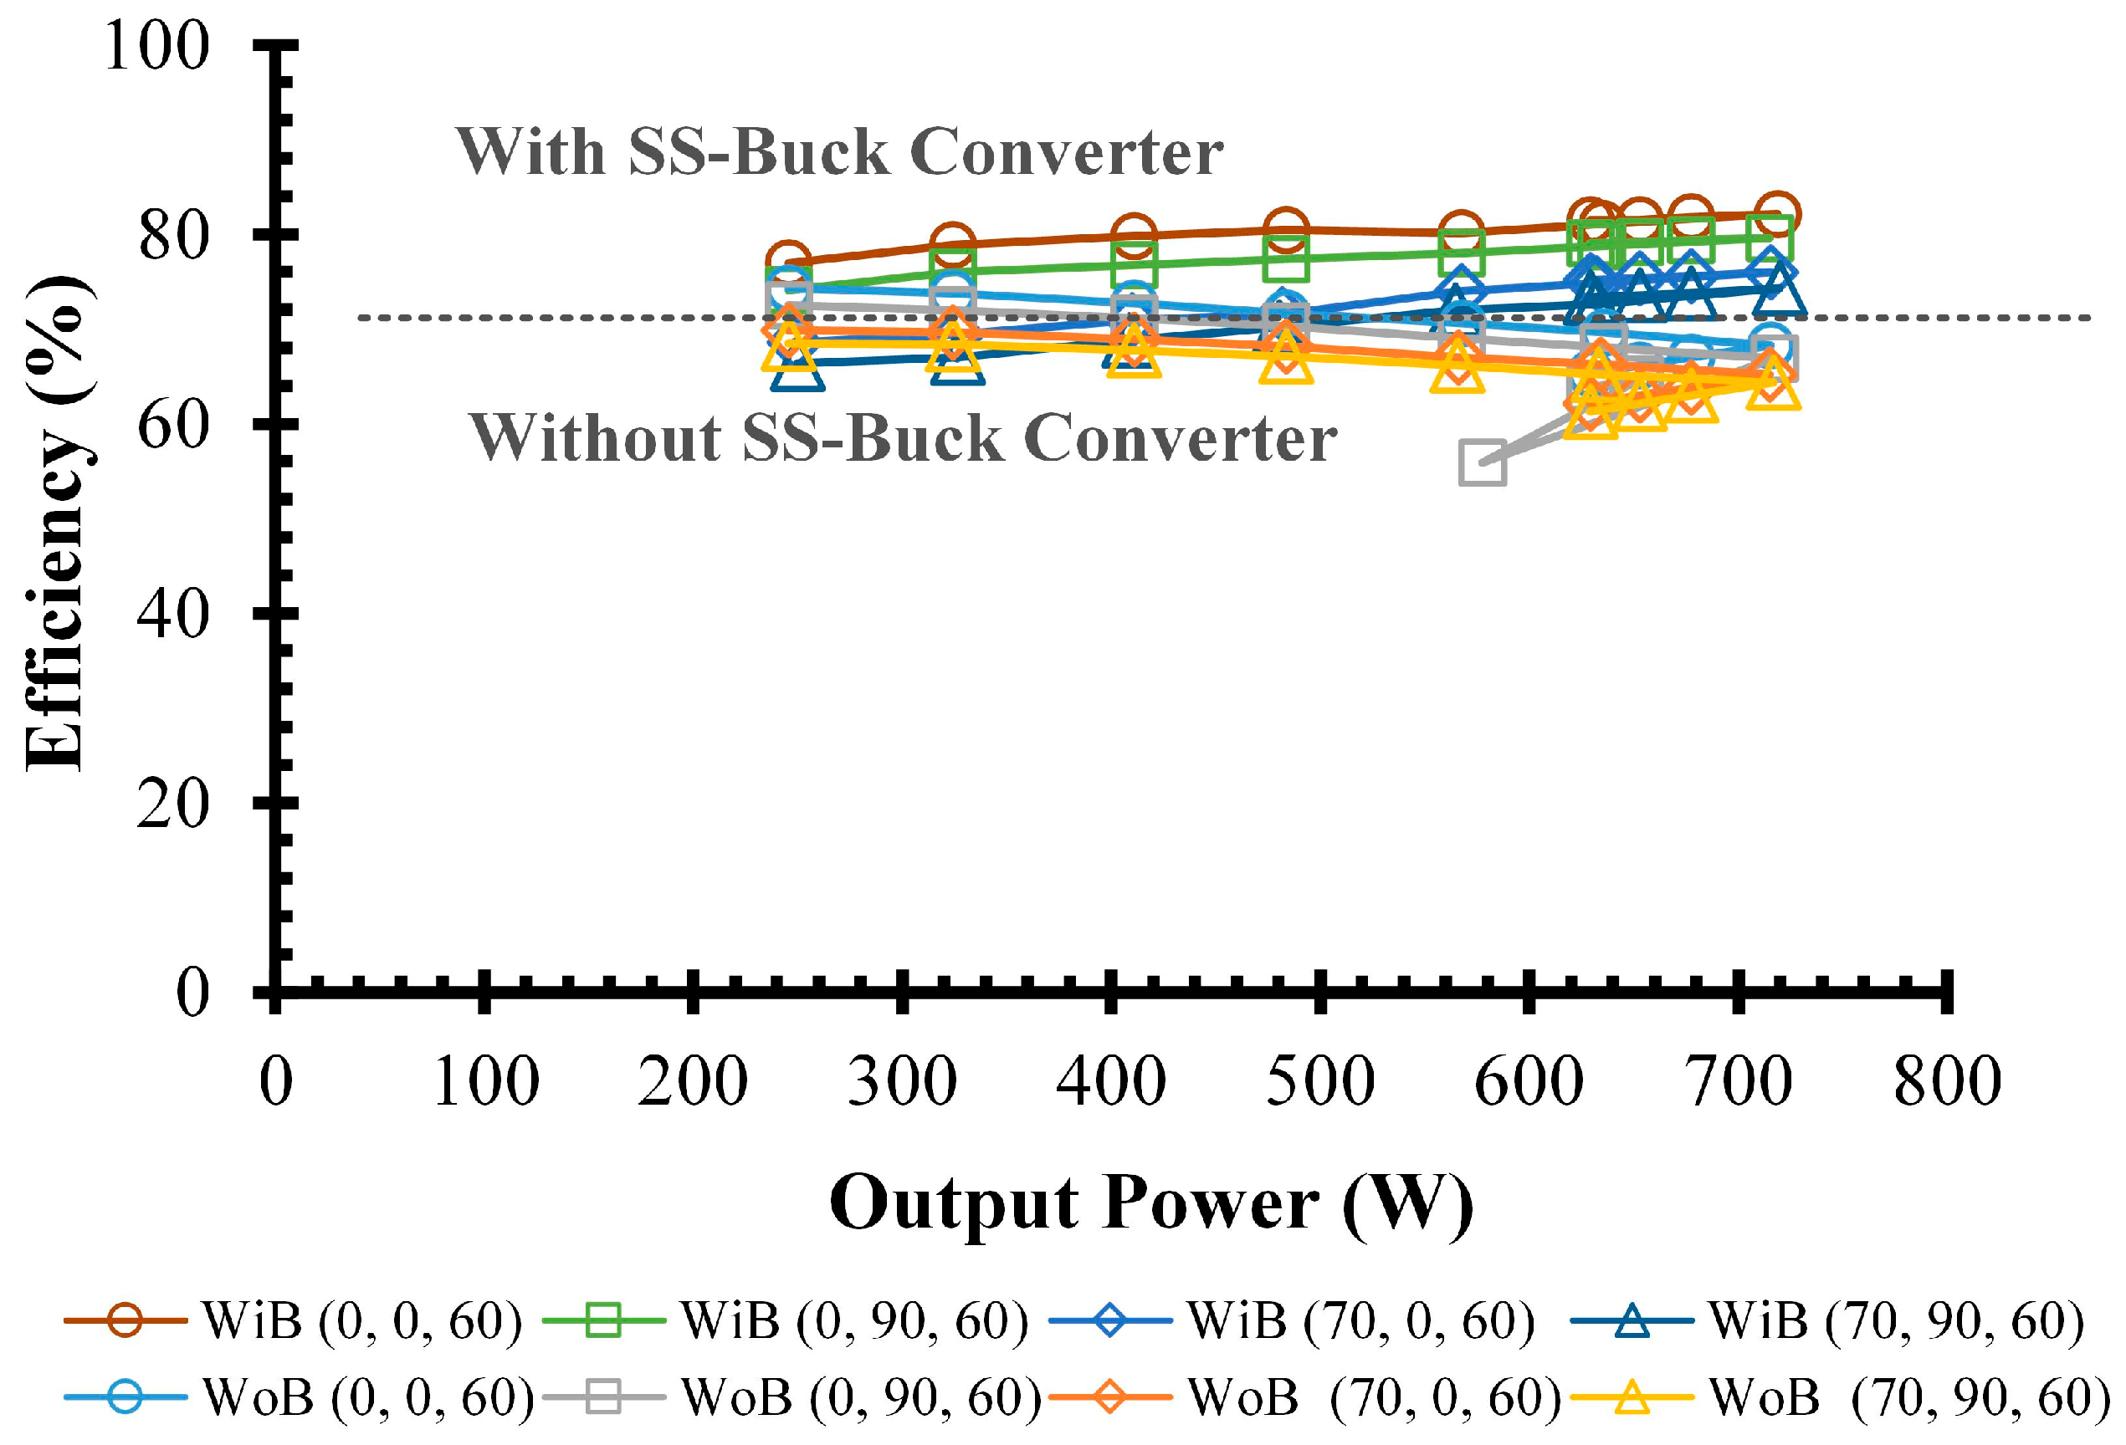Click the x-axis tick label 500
click(1319, 1082)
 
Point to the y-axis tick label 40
click(173, 614)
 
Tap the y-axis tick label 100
click(156, 46)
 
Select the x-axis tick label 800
click(1947, 1082)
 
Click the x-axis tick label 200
click(693, 1082)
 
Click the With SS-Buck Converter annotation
click(839, 152)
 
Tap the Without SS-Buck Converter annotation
click(902, 439)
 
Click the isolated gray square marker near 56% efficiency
click(1482, 463)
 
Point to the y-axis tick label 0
click(192, 993)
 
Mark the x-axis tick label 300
click(902, 1082)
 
